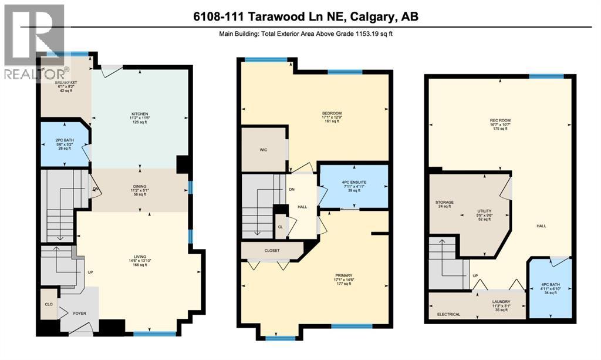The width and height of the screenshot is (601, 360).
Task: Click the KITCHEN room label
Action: point(139,114)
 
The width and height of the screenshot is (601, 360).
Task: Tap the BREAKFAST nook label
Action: point(66,83)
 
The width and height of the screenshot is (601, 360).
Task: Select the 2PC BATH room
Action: point(63,142)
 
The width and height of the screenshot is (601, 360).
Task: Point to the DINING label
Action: point(139,187)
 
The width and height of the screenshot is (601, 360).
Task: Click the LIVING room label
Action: point(139,256)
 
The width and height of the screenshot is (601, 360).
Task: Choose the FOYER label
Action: point(79,314)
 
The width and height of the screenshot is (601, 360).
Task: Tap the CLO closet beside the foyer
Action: point(49,305)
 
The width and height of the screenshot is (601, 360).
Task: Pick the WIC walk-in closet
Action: point(264,150)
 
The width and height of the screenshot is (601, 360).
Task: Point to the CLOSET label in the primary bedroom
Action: point(271,251)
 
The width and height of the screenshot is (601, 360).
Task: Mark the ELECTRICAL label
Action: point(449,314)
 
